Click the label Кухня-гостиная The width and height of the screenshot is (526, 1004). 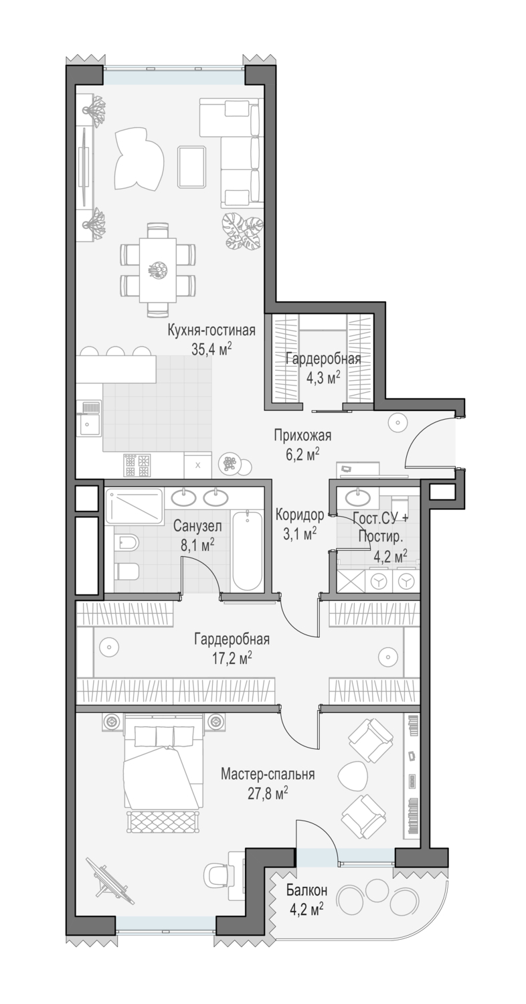point(211,331)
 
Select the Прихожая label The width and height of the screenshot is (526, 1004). point(302,435)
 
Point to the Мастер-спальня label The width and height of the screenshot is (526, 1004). point(268,774)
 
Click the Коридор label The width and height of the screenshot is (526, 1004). point(299,515)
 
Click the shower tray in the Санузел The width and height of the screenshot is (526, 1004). point(135,505)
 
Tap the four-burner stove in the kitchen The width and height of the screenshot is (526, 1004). point(137,466)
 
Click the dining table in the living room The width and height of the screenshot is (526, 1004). point(157,270)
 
